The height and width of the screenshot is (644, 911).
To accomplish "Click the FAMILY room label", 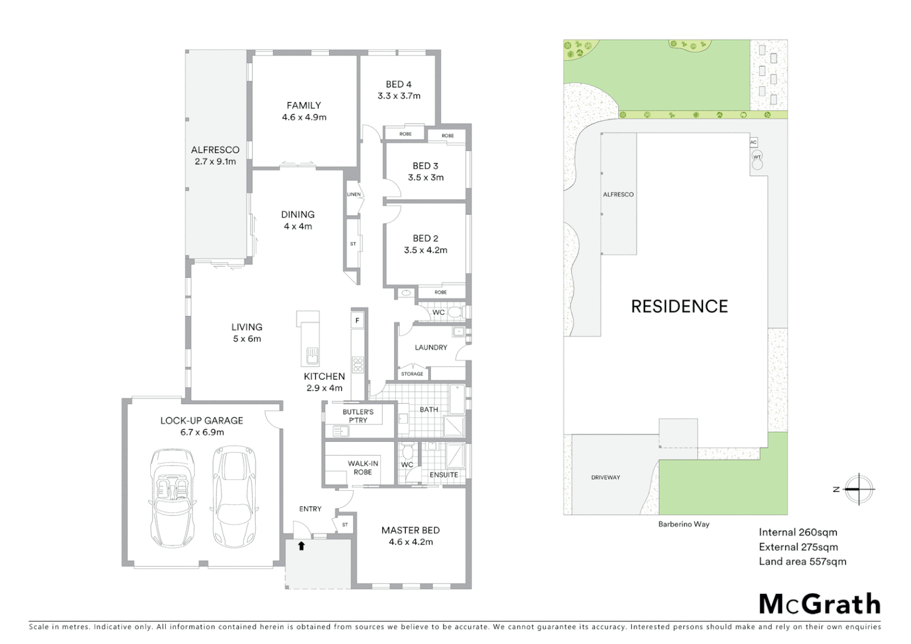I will pos(303,106).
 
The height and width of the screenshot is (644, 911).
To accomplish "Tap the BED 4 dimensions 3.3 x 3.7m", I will pos(398,96).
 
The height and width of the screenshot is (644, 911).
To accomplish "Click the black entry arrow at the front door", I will pos(301,545).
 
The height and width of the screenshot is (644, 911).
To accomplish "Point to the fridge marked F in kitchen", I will pos(358,321).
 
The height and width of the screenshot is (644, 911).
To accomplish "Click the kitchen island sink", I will pos(312,356).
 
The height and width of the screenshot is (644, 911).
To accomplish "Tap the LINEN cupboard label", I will pos(354,194).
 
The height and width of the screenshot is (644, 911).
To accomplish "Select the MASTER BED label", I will pos(410,530).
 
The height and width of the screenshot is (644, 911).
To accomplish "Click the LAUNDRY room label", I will pos(430,347).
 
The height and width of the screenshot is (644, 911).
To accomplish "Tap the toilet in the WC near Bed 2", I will pos(455,312).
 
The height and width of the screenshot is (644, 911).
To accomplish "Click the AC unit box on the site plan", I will pos(753,143).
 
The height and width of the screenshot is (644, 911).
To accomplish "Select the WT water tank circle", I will pos(757,157).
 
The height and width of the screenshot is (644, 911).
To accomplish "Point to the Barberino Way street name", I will pos(683,524).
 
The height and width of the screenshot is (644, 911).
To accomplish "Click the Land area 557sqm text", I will pos(802,561).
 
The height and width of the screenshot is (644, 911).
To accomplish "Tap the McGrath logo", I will pos(819,604).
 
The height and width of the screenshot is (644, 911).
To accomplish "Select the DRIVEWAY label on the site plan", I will pos(605,478).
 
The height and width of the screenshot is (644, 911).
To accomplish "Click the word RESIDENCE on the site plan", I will pos(679,306).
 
